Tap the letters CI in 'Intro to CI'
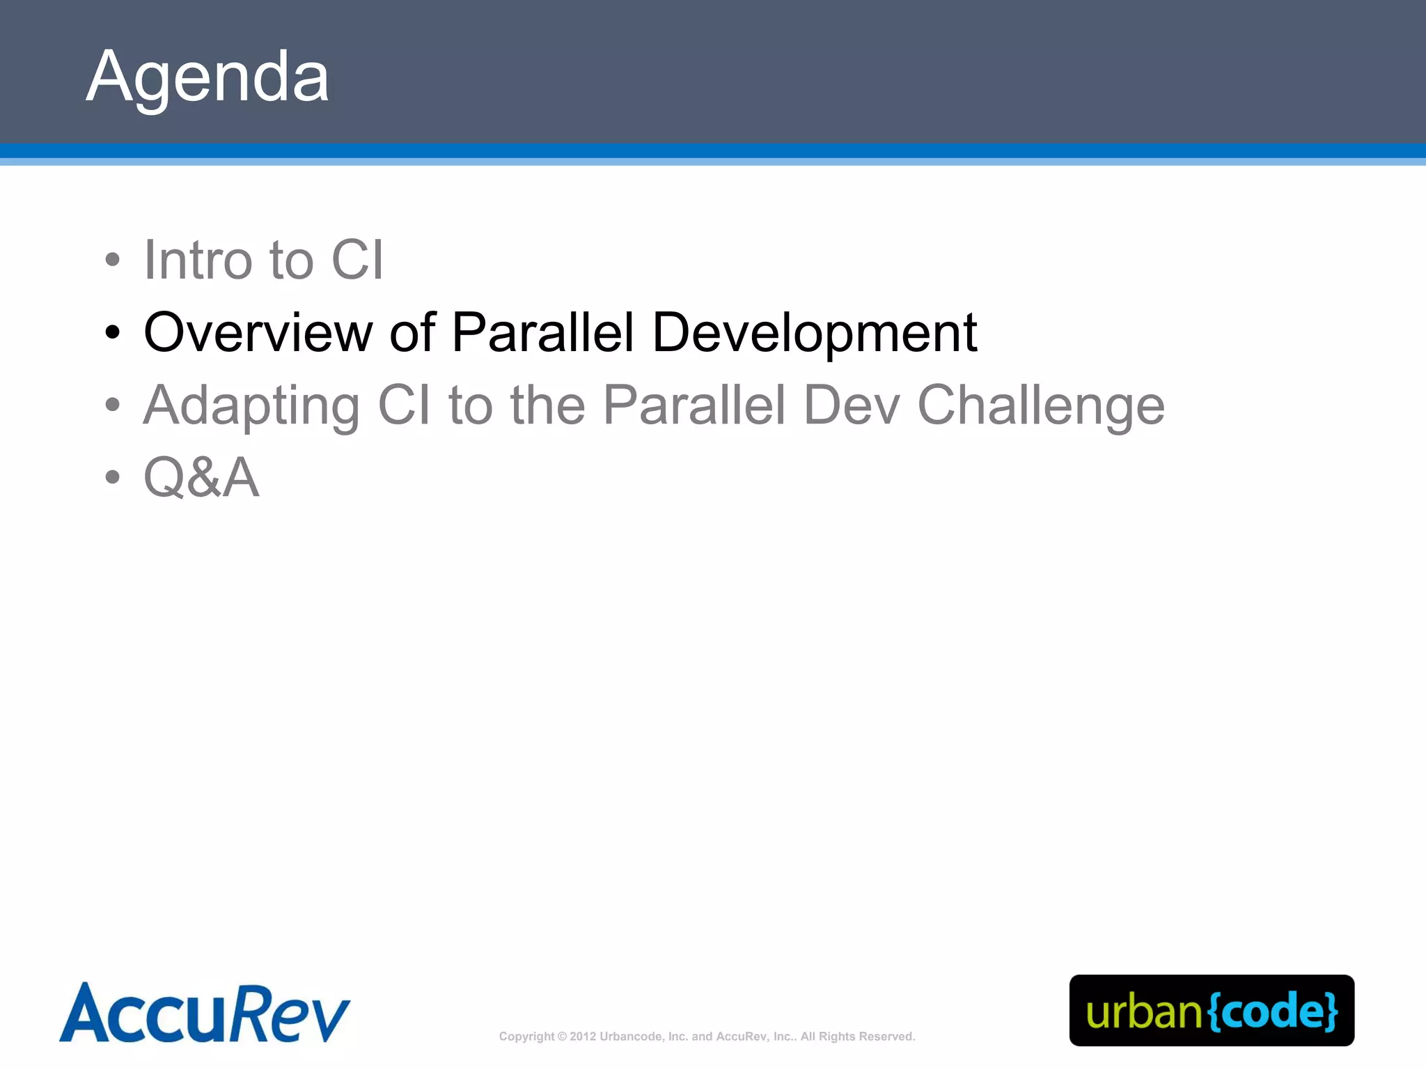357,260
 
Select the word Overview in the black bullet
258,332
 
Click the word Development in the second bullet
814,334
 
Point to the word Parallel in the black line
542,332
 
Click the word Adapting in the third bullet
251,406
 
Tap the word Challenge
1040,406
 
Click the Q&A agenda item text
201,478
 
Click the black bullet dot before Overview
113,333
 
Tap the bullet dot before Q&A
113,478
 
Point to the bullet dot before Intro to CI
113,261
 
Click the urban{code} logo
1212,1010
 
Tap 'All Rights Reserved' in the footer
857,1037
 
